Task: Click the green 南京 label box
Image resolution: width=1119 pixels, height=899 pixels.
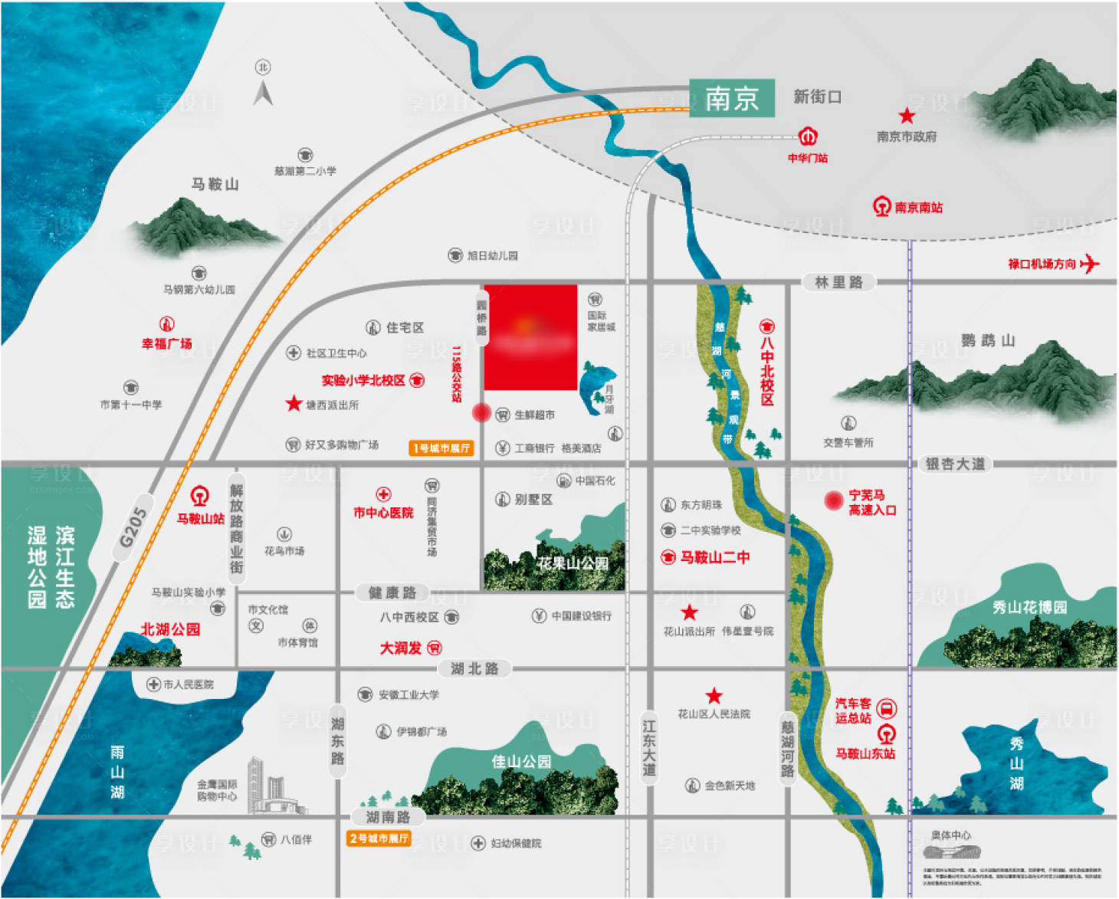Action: point(731,98)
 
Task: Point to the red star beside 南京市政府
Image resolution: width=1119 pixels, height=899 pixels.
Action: point(907,116)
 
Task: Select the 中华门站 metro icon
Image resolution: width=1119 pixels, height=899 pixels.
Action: point(808,137)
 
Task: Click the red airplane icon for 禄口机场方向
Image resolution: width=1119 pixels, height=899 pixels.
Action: point(1089,264)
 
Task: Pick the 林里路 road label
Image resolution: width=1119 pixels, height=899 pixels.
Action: point(838,282)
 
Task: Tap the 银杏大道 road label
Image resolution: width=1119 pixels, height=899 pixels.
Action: point(954,464)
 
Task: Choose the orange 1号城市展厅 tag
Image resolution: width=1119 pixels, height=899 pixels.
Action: point(441,448)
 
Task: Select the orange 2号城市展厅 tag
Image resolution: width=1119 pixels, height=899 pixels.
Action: point(379,838)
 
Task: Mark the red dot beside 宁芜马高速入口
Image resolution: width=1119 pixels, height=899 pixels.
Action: point(833,500)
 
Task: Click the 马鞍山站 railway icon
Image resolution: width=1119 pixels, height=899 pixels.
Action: point(200,496)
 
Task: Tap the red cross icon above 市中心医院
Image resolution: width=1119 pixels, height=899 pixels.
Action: point(383,494)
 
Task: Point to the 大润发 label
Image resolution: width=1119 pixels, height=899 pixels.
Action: point(401,648)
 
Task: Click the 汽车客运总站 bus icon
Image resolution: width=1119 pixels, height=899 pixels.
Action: point(886,708)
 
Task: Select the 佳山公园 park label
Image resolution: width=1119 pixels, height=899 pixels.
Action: point(521,762)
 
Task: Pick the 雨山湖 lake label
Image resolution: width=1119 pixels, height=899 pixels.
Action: point(117,772)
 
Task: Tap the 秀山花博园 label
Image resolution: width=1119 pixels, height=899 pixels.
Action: point(1029,608)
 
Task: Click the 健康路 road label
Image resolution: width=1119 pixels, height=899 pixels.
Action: point(392,592)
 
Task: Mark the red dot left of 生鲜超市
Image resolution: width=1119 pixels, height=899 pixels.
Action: point(481,413)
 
